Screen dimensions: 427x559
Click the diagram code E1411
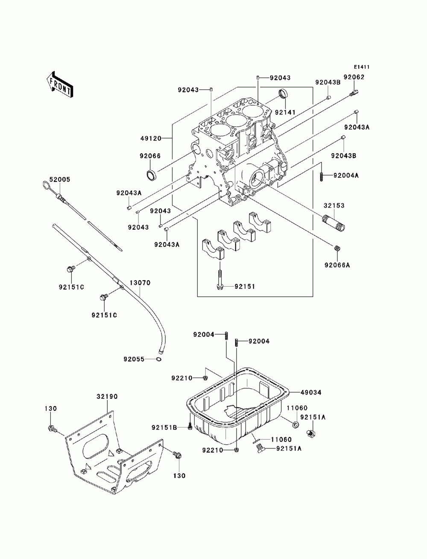pos(361,67)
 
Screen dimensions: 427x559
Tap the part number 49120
pos(151,138)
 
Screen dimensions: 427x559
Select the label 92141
pos(285,112)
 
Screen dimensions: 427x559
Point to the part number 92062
pos(354,77)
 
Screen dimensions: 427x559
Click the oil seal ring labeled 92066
pos(151,175)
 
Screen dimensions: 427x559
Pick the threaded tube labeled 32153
pos(333,223)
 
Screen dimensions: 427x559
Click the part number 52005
pos(60,179)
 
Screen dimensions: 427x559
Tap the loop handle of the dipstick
pos(46,184)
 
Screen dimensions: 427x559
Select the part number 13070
pos(140,283)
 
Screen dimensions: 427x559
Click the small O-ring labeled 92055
pos(158,359)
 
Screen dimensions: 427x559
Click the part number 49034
pos(311,392)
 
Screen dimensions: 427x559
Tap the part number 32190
pos(107,397)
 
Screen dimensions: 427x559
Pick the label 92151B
pos(164,427)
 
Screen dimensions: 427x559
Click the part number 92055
pos(134,359)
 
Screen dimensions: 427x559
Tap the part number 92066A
pos(337,265)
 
